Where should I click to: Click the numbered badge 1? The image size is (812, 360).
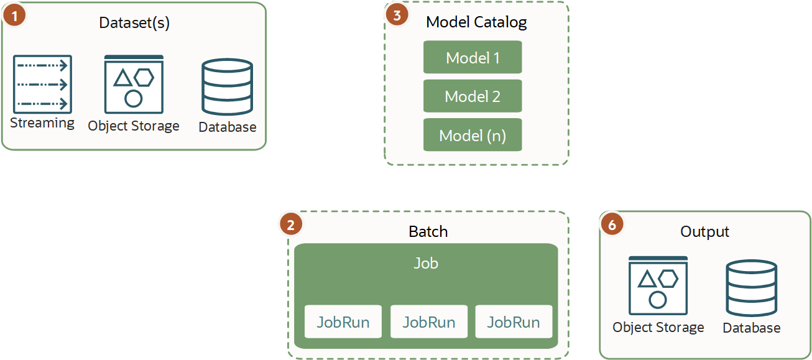[x=14, y=14]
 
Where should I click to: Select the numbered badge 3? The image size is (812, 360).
[x=397, y=14]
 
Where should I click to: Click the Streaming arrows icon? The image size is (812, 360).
[x=42, y=84]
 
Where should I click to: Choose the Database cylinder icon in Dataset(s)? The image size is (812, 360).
[x=227, y=86]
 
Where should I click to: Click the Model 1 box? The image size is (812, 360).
[x=473, y=58]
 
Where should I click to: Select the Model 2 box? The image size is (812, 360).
[x=473, y=96]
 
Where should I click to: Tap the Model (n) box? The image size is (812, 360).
[x=473, y=135]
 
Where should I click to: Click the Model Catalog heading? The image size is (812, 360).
[x=476, y=22]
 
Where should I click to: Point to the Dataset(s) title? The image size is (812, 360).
[x=134, y=23]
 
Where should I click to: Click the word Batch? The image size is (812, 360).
[x=428, y=232]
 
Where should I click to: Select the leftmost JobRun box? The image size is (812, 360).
[x=343, y=321]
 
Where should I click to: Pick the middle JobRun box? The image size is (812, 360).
[x=428, y=321]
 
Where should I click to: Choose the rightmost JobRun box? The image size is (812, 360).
[x=514, y=321]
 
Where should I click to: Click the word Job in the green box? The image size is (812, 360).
[x=426, y=263]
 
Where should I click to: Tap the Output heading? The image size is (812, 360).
[x=704, y=232]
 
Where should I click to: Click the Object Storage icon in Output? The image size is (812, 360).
[x=658, y=286]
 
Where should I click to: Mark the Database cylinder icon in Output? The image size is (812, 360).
[x=751, y=288]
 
